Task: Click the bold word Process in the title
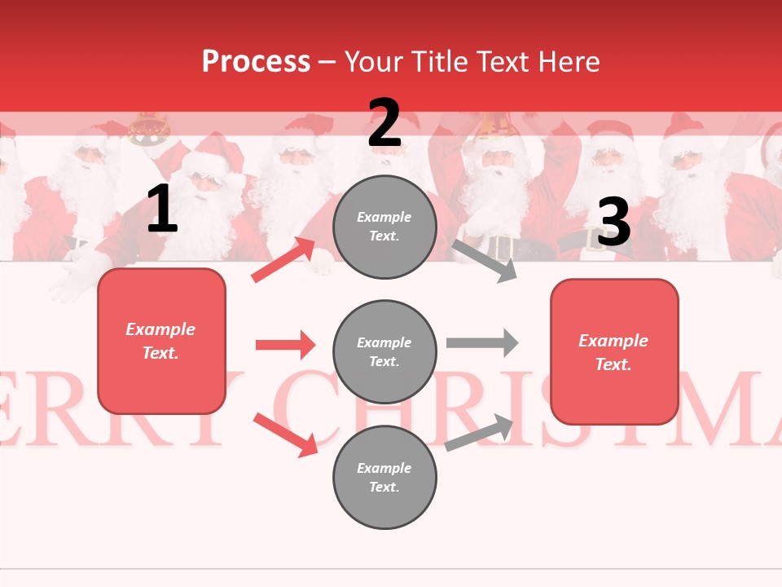coord(256,62)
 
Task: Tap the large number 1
coord(162,210)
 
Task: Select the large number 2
coord(384,123)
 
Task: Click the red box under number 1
coord(161,341)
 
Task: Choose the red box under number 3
coord(614,351)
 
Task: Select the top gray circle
coord(384,227)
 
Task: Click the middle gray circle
coord(384,351)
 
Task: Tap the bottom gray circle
coord(384,477)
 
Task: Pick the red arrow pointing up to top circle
coord(283,260)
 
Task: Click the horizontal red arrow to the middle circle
coord(285,345)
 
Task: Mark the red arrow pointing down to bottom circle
coord(285,435)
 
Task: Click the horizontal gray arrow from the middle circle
coord(482,342)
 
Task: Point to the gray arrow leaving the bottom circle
coord(480,432)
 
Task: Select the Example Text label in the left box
coord(161,341)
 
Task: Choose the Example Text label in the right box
coord(614,352)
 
